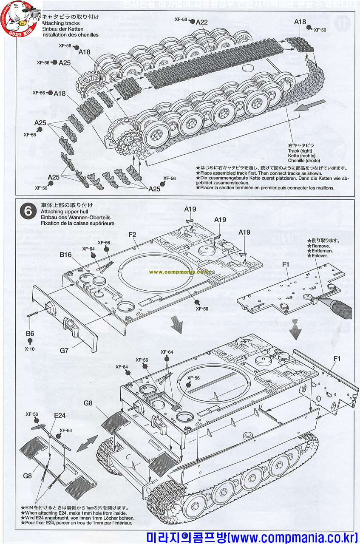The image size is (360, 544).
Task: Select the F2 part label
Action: click(132, 234)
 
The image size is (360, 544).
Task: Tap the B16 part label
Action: click(65, 254)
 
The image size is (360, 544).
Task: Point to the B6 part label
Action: click(30, 334)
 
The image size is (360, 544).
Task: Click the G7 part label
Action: click(64, 351)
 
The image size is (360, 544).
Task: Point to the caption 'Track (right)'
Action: click(300, 151)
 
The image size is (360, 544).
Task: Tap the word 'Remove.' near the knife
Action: click(320, 246)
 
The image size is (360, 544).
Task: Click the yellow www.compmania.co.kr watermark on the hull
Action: click(180, 272)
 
